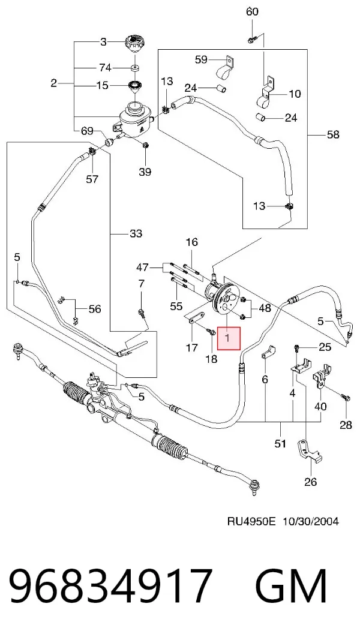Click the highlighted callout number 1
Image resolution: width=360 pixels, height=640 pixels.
228,338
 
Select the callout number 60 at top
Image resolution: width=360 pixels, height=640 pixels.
252,11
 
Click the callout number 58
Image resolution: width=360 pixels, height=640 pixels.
334,134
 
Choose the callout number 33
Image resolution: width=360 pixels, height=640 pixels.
136,233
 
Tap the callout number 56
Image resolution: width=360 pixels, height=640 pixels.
94,308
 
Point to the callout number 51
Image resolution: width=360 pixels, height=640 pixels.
280,443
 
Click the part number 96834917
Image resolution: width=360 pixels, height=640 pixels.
110,587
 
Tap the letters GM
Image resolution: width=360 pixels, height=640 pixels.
291,587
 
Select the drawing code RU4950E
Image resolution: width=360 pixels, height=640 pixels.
251,522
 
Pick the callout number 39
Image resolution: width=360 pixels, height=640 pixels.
145,172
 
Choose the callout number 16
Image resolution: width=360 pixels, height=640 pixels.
191,242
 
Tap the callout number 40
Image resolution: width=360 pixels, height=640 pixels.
321,407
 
